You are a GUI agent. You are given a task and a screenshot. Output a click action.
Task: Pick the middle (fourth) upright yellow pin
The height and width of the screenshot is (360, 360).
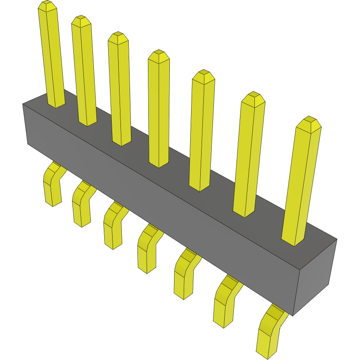[159, 109]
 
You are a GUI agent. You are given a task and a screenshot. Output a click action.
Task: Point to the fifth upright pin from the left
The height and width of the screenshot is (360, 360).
[202, 131]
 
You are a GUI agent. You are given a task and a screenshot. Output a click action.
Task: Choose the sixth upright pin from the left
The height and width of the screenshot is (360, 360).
[249, 155]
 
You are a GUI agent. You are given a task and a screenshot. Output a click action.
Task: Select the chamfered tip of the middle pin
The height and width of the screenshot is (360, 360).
[159, 56]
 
